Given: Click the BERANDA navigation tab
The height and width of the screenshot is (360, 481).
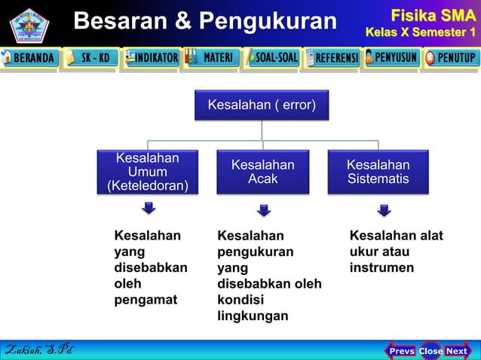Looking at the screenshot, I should point(30,58).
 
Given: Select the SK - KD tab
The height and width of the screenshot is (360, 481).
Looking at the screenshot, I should point(90,58).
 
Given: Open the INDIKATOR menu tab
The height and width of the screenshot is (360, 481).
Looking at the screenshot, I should point(151,58).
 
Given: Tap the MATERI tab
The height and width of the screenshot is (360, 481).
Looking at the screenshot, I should point(211,58).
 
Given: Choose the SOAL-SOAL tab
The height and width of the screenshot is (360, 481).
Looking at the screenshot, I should point(271,58).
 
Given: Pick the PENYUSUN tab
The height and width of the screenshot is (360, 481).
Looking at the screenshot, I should point(391,58).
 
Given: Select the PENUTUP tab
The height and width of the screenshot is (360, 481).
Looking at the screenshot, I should point(451,58).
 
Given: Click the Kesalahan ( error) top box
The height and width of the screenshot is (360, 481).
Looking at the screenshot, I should point(262,105).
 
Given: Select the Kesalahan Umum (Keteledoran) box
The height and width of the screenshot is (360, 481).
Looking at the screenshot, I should point(148,172).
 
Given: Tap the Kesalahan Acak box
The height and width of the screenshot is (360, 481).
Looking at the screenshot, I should point(262,172).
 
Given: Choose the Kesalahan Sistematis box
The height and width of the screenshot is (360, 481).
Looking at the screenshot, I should point(378,172).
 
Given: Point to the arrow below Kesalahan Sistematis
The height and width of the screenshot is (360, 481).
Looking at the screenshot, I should point(384,210).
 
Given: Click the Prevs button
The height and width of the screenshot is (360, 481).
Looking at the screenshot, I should point(401,351).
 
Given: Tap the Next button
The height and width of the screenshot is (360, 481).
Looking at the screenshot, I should point(457,351).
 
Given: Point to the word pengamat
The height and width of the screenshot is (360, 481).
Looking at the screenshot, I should point(146,300).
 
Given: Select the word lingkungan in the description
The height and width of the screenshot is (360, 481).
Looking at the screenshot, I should point(253,316).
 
